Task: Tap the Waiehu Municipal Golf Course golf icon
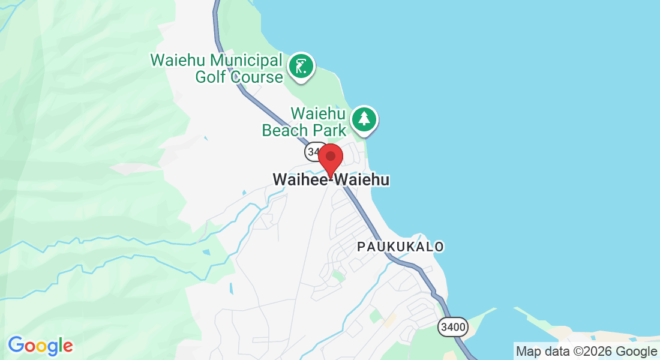[301, 66]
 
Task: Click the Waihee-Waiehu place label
[331, 179]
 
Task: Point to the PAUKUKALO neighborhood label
[400, 247]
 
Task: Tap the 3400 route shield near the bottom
[452, 327]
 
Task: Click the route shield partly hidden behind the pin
[313, 152]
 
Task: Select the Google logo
[40, 346]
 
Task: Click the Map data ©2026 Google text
[586, 352]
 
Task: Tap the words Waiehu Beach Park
[304, 122]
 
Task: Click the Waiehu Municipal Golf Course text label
[217, 68]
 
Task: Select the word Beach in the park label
[285, 130]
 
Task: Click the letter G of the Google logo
[16, 345]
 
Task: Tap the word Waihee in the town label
[298, 179]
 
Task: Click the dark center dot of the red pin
[330, 155]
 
